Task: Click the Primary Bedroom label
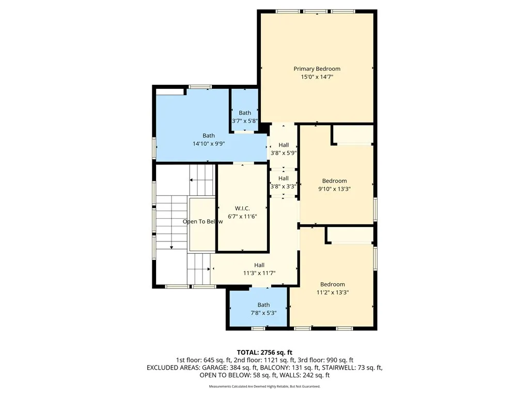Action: click(x=317, y=69)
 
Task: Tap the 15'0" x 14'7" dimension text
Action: click(x=317, y=77)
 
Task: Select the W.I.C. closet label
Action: click(x=243, y=208)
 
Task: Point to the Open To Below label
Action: click(x=203, y=222)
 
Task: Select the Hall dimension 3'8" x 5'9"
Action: click(x=283, y=153)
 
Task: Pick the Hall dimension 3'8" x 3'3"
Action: click(x=283, y=187)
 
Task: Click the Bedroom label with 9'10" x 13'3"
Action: click(x=334, y=181)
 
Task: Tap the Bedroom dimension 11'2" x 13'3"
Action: click(x=332, y=293)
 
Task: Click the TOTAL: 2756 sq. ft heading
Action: click(x=264, y=352)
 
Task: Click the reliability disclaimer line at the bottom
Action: click(x=264, y=387)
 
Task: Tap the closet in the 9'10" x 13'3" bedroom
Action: click(x=352, y=135)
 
